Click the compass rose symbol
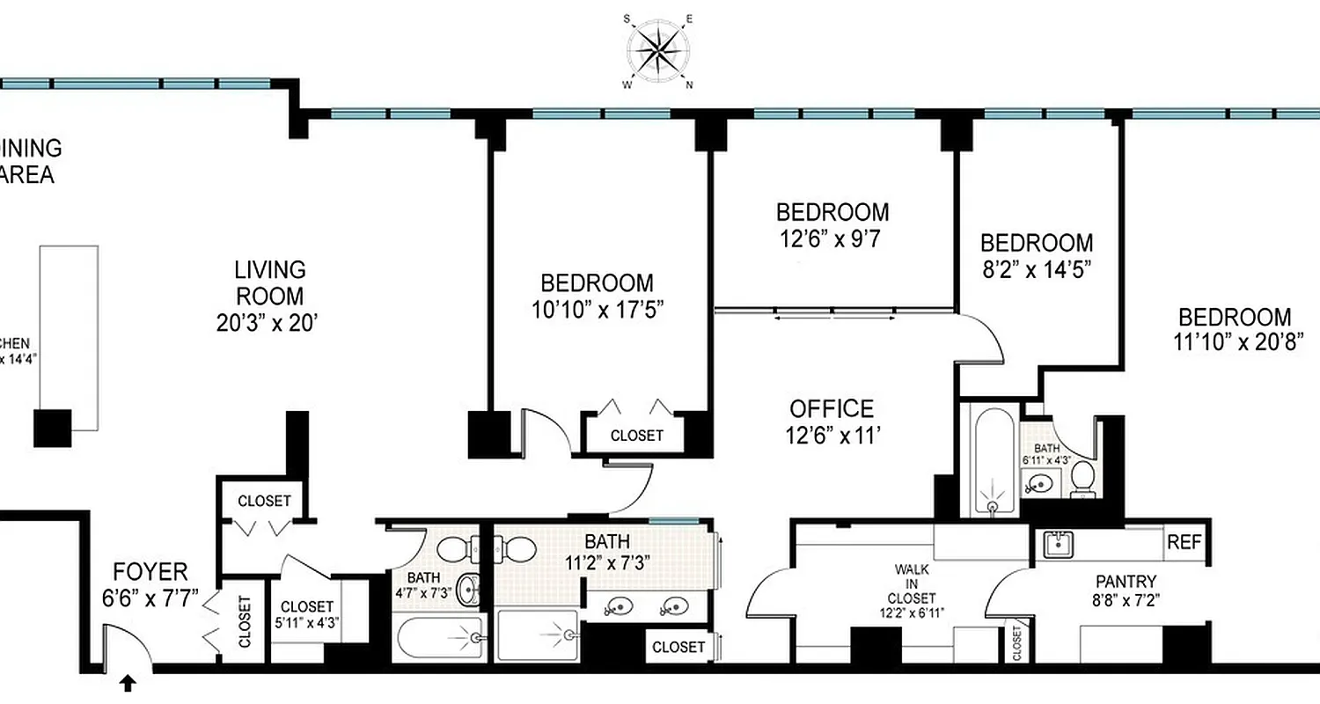tap(659, 50)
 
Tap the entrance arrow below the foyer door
tap(128, 683)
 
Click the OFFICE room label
tap(832, 409)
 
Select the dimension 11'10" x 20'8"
tap(1236, 341)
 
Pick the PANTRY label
tap(1126, 582)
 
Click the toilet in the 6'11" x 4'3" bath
tap(1082, 479)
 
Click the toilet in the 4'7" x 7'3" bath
tap(452, 550)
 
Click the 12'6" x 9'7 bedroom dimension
tap(832, 237)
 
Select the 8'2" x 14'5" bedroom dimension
tap(1037, 268)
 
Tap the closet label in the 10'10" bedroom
tap(636, 436)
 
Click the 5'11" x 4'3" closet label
tap(306, 613)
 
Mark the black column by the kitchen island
tap(52, 429)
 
